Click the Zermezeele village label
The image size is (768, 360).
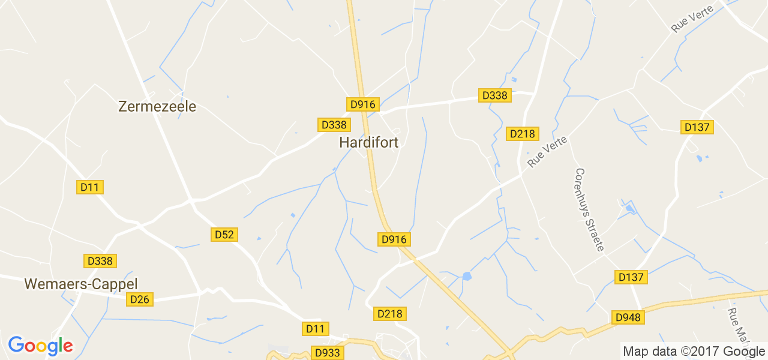coord(157,107)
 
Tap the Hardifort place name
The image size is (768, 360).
coord(368,142)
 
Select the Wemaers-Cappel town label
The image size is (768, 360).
coord(81,284)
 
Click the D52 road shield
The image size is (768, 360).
coord(224,235)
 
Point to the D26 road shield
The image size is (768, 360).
coord(140,299)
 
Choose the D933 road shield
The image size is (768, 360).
coord(327,352)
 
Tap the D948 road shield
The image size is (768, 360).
coord(628,317)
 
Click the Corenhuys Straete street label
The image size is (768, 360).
coord(589,209)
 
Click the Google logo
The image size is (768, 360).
coord(40,346)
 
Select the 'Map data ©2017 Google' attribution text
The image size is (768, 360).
coord(693,352)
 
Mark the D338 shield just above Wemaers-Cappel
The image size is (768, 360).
coord(100,261)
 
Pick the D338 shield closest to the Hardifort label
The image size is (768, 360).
coord(334,125)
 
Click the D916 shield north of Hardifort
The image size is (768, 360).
coord(362,104)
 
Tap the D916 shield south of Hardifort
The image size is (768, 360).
coord(394,239)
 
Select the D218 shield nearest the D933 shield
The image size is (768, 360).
coord(391,314)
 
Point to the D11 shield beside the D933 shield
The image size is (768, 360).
coord(314,328)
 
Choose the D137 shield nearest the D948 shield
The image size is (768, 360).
coord(631,277)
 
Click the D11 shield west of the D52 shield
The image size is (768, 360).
coord(90,187)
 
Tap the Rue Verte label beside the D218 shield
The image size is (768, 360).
coord(547,152)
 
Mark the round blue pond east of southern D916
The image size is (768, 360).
coord(467,276)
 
